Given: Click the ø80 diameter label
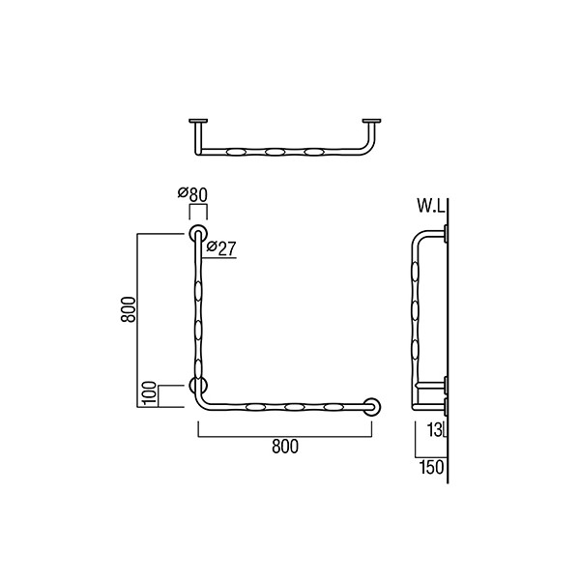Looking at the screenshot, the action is (192, 194).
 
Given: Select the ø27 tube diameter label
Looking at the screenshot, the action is (221, 247).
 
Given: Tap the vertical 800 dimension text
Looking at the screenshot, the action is (129, 309).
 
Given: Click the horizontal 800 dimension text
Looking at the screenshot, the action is (285, 447).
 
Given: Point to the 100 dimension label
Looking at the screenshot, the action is (150, 393).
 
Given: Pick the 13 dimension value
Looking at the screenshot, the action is (434, 430).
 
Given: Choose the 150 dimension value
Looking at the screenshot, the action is (432, 467).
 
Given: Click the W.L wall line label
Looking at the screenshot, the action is (430, 206).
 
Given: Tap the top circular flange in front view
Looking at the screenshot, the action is (198, 233).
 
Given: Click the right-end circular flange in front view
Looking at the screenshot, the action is (371, 407).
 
